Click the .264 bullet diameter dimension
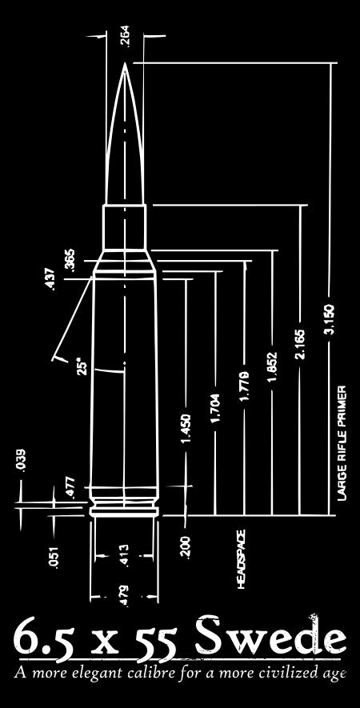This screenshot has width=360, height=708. tap(125, 37)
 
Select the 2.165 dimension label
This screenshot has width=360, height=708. tap(299, 345)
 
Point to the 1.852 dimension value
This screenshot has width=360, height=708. tap(272, 366)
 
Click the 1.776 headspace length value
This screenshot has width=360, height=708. tap(244, 386)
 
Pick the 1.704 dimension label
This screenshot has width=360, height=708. tap(215, 409)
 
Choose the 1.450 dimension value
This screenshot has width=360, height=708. tap(186, 428)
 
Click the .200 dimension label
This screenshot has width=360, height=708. tap(186, 547)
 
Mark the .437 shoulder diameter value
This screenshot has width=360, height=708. tap(50, 279)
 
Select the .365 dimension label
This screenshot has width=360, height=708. tap(70, 261)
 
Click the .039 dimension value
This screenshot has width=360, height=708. tap(22, 461)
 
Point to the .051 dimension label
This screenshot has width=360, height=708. tap(54, 558)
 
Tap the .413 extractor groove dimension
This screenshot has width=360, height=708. tap(125, 556)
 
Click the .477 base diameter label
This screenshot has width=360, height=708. tap(70, 488)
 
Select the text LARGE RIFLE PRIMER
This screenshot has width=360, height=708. tap(342, 443)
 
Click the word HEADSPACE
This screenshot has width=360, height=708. tap(242, 559)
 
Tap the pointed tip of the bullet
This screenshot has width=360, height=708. tap(125, 64)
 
